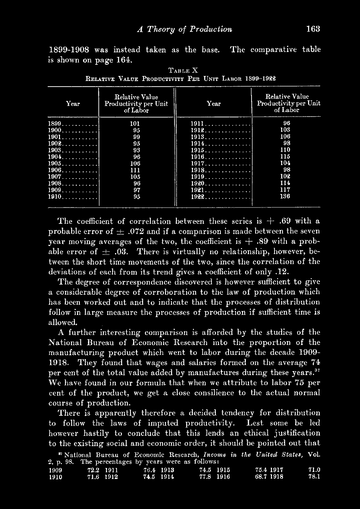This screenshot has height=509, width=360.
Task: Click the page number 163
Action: coord(313,29)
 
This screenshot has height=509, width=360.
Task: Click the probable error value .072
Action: coord(137,232)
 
